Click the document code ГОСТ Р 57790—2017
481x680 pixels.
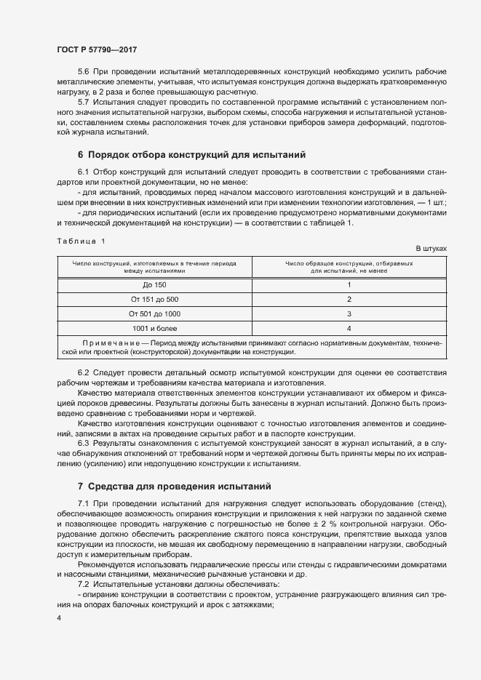click(x=96, y=49)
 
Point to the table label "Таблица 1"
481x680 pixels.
click(x=81, y=241)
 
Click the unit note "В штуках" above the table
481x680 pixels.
click(x=431, y=248)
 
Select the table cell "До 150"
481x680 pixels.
click(x=154, y=284)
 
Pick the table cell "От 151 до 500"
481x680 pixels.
click(x=154, y=299)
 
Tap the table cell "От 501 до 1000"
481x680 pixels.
click(x=154, y=313)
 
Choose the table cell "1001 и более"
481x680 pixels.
click(x=154, y=328)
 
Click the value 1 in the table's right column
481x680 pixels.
click(x=349, y=284)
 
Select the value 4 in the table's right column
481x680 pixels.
click(x=349, y=328)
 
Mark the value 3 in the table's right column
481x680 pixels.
click(x=349, y=313)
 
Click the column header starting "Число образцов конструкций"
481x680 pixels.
click(x=349, y=265)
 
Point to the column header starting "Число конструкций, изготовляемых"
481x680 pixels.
click(x=154, y=265)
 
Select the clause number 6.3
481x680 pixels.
click(x=84, y=442)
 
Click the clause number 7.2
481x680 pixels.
click(x=84, y=565)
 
